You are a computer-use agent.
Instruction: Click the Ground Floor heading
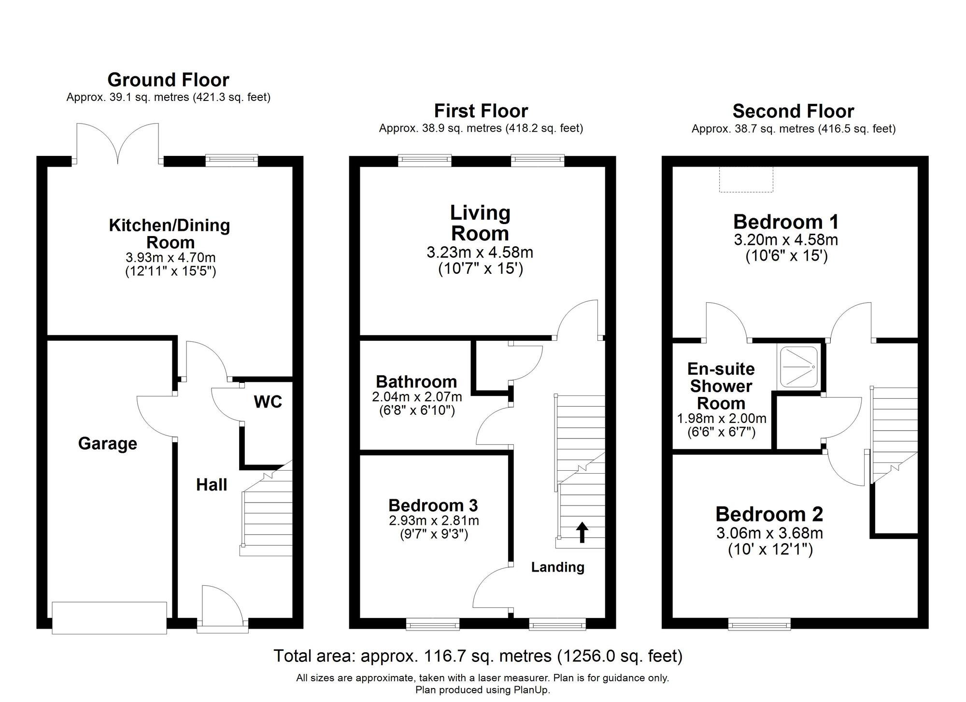click(x=168, y=80)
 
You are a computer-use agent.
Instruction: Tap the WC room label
click(x=268, y=402)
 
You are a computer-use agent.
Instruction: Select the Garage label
click(x=107, y=443)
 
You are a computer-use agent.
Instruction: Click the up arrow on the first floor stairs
click(x=582, y=532)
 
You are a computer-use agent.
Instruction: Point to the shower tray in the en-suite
click(x=798, y=367)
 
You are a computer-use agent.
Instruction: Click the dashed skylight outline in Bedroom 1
click(x=746, y=180)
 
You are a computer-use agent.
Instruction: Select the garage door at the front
click(x=109, y=618)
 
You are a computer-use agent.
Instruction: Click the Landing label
click(x=557, y=567)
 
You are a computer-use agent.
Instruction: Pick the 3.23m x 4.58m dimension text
click(x=480, y=253)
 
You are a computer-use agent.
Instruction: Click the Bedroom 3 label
click(x=433, y=505)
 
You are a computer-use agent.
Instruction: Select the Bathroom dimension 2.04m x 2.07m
click(x=416, y=397)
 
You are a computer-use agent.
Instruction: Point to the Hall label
click(x=211, y=485)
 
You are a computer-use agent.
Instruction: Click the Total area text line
click(x=478, y=656)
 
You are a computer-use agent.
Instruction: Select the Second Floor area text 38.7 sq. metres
click(x=793, y=129)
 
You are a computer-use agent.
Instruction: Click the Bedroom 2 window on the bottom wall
click(x=759, y=624)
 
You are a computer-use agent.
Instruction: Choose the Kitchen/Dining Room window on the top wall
click(x=231, y=160)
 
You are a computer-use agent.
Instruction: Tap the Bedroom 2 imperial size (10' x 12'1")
click(x=770, y=549)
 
